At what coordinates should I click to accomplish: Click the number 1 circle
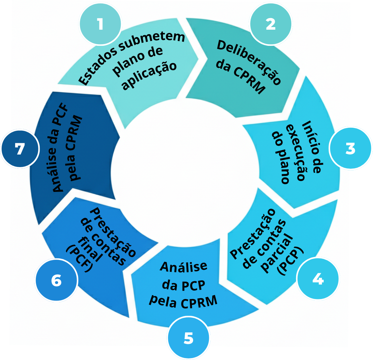[100, 24]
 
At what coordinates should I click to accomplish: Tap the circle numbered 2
[271, 24]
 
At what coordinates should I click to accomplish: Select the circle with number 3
[350, 148]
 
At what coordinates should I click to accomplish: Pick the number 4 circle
[318, 279]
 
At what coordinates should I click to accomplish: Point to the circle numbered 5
[189, 338]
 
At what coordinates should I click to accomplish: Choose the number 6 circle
[56, 281]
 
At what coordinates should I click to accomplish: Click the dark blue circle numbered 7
[20, 149]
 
